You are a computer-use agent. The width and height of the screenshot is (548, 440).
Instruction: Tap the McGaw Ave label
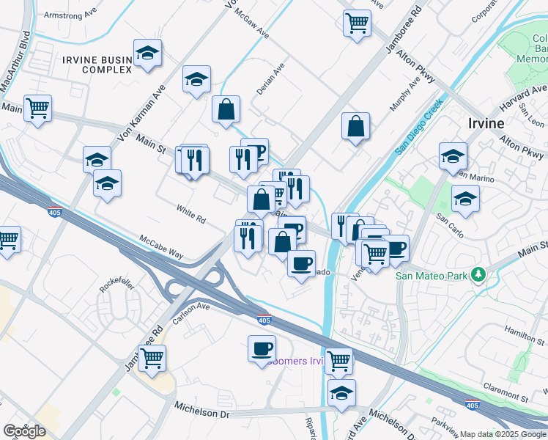pos(252,29)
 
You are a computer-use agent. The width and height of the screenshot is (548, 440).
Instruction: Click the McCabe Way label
pos(161,246)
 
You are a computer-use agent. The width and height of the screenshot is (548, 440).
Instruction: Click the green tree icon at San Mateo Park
pos(479,275)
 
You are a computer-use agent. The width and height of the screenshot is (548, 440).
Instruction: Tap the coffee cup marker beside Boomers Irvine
pos(262,348)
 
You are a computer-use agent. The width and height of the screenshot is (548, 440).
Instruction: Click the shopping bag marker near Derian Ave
pos(226,109)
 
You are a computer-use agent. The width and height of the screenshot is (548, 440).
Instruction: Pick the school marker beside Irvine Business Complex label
pos(148,54)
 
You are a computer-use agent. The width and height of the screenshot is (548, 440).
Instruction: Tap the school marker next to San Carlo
pos(465,198)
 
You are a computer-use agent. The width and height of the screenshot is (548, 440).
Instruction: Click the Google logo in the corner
pos(25,431)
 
